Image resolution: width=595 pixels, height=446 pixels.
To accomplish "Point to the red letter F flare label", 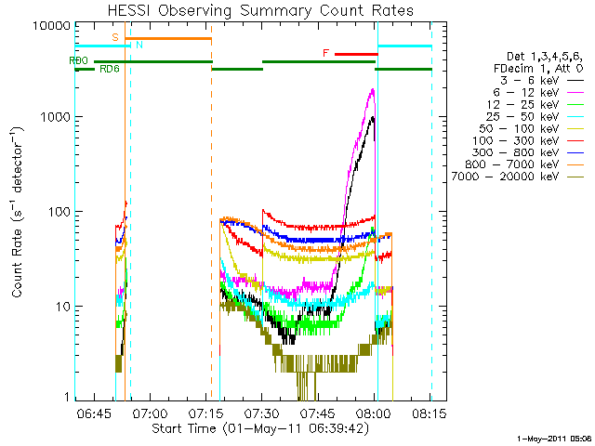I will click(x=325, y=54).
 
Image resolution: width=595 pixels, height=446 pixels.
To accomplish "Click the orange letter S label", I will click(x=114, y=37).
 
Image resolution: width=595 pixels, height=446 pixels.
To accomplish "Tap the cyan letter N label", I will click(x=139, y=45).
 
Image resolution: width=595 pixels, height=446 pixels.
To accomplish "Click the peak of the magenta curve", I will click(x=373, y=90).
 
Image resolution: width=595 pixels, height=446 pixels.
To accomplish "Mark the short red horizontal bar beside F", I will click(x=355, y=54).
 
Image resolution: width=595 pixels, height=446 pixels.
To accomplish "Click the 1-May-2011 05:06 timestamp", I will click(x=554, y=437).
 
